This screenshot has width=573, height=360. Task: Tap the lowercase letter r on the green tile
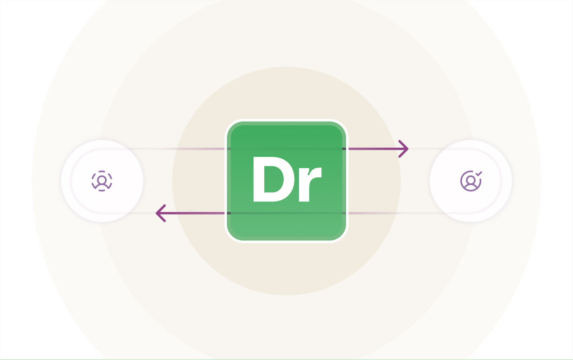point(310,184)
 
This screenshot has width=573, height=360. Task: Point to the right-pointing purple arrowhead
point(404,149)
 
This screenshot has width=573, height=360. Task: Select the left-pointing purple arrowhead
point(161,213)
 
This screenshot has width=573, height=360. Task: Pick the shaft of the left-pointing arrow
point(192,213)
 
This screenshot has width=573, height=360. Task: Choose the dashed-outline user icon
point(102,181)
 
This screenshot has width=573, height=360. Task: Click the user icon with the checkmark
point(471,181)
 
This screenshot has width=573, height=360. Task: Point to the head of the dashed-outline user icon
point(102,179)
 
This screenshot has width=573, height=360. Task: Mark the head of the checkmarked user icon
point(470,179)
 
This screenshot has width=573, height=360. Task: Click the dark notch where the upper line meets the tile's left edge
point(229,149)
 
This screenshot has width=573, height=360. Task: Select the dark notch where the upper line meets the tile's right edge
point(344,149)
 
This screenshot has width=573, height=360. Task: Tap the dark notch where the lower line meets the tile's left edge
point(229,213)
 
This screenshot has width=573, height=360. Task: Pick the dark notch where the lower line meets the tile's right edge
point(344,213)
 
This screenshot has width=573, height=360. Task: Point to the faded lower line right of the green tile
point(396,213)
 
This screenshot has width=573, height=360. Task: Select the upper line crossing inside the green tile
point(286,149)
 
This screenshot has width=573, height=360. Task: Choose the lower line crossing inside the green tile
point(286,213)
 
